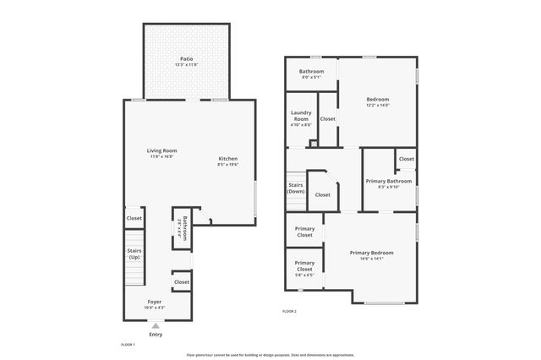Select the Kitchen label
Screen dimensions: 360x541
[x=228, y=159]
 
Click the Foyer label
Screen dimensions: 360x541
[x=155, y=302]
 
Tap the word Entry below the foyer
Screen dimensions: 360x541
[x=156, y=335]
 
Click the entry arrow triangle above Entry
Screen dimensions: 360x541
[x=156, y=325]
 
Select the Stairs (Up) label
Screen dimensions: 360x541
[x=134, y=253]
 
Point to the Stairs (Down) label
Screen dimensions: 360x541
[x=296, y=188]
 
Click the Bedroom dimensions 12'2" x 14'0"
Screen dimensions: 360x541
[x=378, y=105]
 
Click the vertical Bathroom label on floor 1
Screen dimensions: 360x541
[x=184, y=228]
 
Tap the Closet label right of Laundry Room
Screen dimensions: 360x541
[x=327, y=119]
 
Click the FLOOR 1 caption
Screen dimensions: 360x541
[x=128, y=345]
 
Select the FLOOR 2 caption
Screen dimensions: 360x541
[x=289, y=312]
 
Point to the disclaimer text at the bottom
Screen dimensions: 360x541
[x=270, y=356]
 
